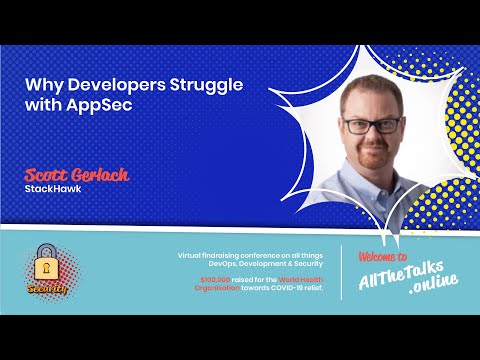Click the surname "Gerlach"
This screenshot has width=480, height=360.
pyautogui.click(x=102, y=175)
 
